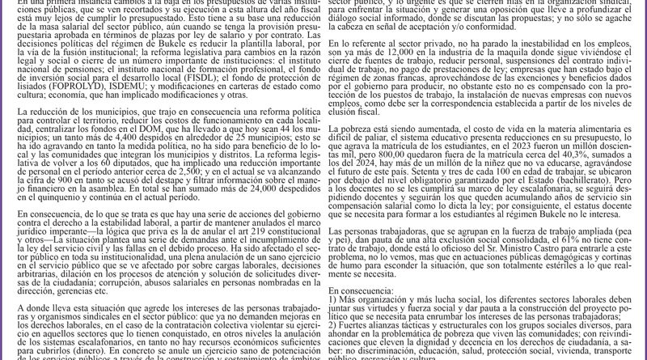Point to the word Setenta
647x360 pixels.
point(421,185)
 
